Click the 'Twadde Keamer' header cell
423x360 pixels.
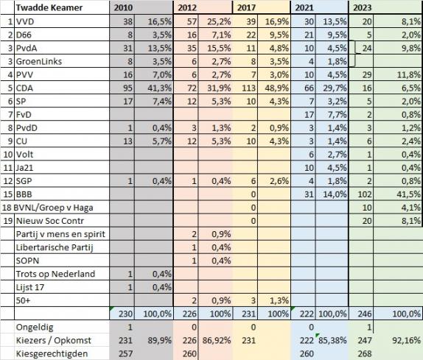pyautogui.click(x=49, y=7)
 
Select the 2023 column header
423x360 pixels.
pyautogui.click(x=363, y=7)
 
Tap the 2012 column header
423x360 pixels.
pyautogui.click(x=187, y=7)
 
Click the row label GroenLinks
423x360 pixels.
pyautogui.click(x=39, y=61)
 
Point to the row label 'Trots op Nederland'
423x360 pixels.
pyautogui.click(x=55, y=274)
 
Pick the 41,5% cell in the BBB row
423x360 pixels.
pyautogui.click(x=410, y=194)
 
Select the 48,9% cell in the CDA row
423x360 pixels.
pyautogui.click(x=277, y=88)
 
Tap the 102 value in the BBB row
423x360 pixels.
pyautogui.click(x=364, y=194)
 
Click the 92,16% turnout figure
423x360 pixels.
pyautogui.click(x=409, y=340)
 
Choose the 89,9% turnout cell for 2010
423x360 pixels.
pyautogui.click(x=159, y=340)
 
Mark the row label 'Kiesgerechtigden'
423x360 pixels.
pyautogui.click(x=52, y=353)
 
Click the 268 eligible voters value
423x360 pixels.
pyautogui.click(x=365, y=353)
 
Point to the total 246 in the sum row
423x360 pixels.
pyautogui.click(x=365, y=314)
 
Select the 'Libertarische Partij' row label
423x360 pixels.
pyautogui.click(x=55, y=247)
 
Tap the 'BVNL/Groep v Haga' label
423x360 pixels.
pyautogui.click(x=53, y=208)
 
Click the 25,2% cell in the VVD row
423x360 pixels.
pyautogui.click(x=219, y=21)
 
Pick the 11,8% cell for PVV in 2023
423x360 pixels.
pyautogui.click(x=409, y=74)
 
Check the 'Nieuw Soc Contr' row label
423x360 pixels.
pyautogui.click(x=50, y=221)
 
